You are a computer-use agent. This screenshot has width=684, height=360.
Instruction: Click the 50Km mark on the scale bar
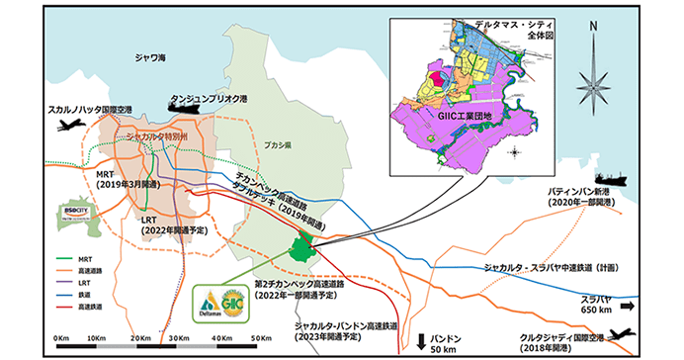[x=259, y=337]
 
